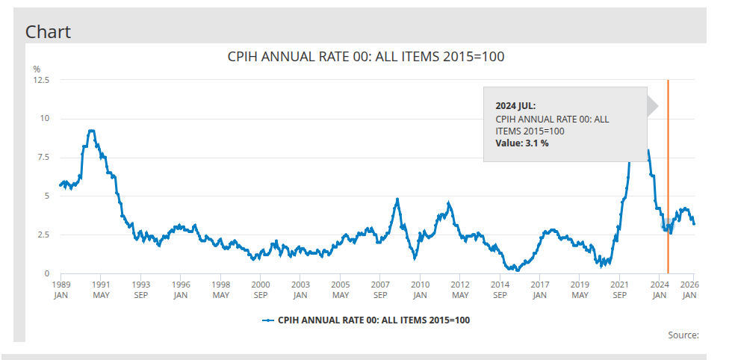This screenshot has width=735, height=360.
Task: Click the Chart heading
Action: point(48,31)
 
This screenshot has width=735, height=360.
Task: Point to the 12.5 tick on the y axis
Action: point(41,80)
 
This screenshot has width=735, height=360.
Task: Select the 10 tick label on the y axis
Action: point(45,119)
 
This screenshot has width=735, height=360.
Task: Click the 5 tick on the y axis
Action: point(47,196)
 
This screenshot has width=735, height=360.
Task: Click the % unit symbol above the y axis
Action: point(36,69)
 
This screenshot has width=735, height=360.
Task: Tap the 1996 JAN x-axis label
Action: point(180,290)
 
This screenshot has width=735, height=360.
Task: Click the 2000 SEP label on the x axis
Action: point(260,290)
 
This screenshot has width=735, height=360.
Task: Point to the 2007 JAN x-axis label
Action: point(380,290)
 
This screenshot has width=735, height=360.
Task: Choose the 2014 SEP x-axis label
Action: point(500,290)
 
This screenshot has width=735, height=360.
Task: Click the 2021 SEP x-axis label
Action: point(619,290)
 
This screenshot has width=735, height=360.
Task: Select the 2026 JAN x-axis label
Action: point(691,290)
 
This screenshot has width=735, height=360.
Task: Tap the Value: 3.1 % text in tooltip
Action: point(522,143)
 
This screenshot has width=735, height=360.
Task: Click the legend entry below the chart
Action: point(366,320)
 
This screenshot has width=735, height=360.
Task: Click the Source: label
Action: point(683,335)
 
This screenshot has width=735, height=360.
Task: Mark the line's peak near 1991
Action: point(91,131)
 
